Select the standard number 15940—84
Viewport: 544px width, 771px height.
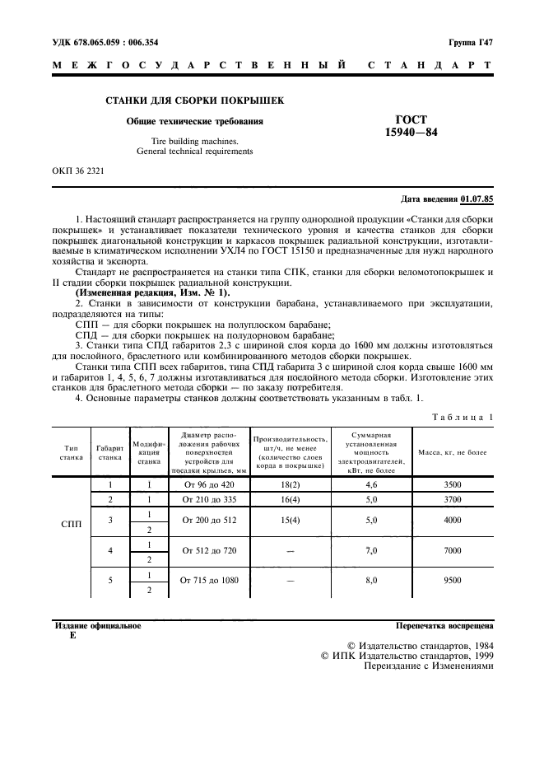click(x=411, y=132)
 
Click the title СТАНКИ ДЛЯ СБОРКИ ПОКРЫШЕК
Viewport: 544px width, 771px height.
click(x=194, y=101)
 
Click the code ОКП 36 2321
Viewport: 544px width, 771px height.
click(x=79, y=171)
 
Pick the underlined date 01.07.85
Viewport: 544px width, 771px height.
click(x=477, y=199)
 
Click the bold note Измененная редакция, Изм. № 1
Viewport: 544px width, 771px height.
click(x=153, y=293)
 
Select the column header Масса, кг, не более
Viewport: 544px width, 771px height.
click(x=452, y=452)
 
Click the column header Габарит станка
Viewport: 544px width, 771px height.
click(x=109, y=452)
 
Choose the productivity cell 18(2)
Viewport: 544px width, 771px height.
click(x=288, y=485)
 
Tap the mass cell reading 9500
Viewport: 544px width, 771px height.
click(x=452, y=580)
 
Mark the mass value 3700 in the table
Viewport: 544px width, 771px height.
click(x=452, y=499)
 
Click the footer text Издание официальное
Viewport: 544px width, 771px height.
click(x=97, y=626)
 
